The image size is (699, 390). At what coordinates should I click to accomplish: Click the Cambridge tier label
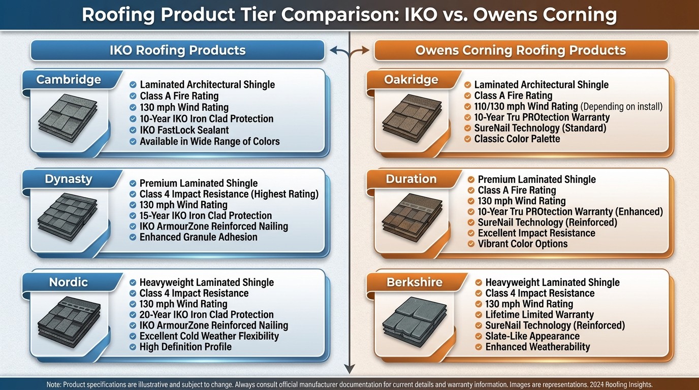coord(69,80)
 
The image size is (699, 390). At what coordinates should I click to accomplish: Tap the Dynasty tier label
coord(69,179)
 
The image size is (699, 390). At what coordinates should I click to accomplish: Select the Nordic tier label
coord(69,282)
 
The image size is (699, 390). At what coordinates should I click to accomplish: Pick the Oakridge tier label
coord(411,80)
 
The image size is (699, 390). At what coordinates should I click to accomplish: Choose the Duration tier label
coord(411,179)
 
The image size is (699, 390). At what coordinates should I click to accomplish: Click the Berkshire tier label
coord(415,282)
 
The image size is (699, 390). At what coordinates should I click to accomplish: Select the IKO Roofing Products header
coord(177,50)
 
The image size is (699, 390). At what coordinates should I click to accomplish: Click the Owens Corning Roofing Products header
coord(520,50)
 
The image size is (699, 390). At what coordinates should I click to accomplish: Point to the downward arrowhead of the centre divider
coord(349,369)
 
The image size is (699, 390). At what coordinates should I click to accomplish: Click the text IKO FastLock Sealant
coord(184,130)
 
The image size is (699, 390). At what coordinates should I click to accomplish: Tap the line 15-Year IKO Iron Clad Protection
coord(205,215)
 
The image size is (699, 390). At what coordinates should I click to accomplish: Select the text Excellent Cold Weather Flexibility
coord(209,336)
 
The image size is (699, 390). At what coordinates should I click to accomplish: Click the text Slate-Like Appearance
coord(532,336)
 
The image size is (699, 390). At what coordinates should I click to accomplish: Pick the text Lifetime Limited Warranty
coord(539,314)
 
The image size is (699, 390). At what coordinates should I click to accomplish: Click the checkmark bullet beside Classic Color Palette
coord(467,139)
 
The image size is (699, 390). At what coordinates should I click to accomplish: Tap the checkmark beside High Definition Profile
coord(132,347)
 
